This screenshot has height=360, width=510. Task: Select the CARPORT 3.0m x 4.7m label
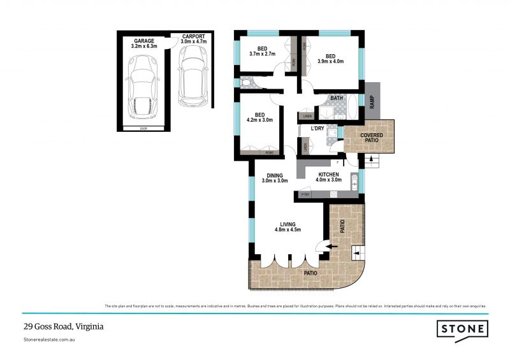[193, 40]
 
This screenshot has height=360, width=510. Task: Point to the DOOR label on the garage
[143, 129]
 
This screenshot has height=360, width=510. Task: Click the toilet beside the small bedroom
[246, 82]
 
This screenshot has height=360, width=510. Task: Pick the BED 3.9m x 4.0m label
[330, 59]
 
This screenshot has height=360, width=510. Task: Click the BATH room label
[337, 98]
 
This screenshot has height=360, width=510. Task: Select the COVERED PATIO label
[370, 138]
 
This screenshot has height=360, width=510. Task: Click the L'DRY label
[317, 129]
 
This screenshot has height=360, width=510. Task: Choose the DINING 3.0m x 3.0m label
[274, 177]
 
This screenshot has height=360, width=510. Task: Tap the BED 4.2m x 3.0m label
[259, 117]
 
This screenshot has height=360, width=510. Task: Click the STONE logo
[462, 329]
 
